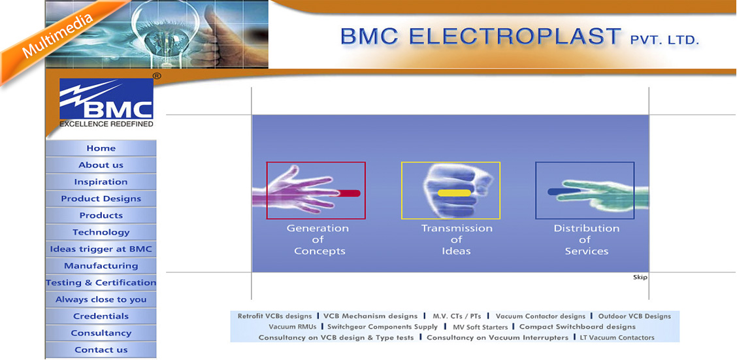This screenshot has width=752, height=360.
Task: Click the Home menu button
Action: [101, 148]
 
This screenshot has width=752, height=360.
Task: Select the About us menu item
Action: [101, 165]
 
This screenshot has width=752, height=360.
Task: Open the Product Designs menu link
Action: [101, 199]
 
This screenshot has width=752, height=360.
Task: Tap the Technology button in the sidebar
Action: [101, 232]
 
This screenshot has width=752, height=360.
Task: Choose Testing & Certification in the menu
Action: [101, 282]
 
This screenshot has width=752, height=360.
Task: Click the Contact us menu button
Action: [101, 350]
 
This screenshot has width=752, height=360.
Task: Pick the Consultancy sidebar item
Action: [101, 333]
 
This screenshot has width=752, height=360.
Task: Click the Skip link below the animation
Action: [640, 277]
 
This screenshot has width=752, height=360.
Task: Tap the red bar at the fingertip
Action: [350, 193]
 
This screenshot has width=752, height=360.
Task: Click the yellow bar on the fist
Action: [454, 193]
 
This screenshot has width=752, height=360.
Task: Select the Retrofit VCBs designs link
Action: [275, 316]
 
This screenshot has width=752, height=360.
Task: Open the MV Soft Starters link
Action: [481, 327]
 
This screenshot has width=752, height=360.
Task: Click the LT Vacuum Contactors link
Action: [617, 338]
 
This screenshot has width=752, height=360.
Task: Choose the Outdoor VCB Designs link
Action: [634, 316]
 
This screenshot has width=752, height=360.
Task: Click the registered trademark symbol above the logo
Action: [157, 76]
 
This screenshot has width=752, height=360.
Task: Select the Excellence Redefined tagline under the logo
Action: [106, 123]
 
